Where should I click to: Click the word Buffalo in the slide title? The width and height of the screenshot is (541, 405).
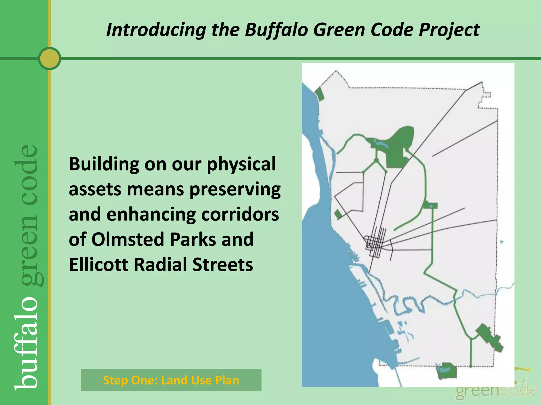276,30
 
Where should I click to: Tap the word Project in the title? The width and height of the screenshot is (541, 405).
449,30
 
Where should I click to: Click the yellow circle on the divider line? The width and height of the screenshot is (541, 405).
49,59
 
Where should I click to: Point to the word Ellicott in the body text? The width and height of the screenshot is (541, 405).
98,264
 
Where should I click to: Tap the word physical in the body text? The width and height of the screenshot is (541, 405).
241,164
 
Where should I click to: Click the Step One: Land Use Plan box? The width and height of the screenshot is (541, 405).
171,380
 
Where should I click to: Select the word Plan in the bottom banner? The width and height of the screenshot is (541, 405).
227,380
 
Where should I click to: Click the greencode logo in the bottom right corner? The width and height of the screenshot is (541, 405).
497,390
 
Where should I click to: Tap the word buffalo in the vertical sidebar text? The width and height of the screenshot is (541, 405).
26,343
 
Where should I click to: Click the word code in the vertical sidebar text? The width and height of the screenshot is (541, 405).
26,169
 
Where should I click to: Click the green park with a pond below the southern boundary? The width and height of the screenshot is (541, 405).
446,370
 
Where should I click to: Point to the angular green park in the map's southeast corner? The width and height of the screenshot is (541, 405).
489,337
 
